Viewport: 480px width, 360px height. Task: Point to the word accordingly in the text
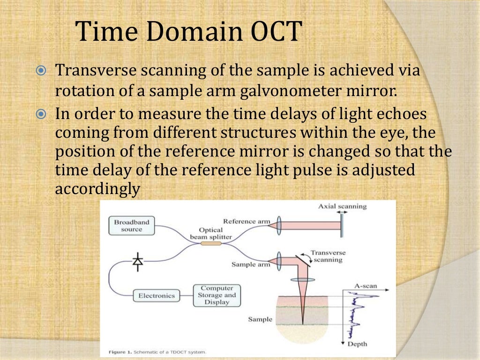click(x=97, y=189)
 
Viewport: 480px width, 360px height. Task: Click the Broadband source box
click(x=131, y=225)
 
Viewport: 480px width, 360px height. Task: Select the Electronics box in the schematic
click(x=156, y=296)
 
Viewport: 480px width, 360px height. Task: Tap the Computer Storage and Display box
click(x=217, y=295)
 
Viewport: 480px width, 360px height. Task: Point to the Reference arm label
click(x=246, y=221)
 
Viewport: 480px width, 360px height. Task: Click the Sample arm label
click(x=251, y=264)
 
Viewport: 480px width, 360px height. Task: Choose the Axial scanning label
click(x=342, y=206)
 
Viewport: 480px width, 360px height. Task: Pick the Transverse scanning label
click(x=328, y=256)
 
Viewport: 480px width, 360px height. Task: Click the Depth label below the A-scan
click(x=357, y=344)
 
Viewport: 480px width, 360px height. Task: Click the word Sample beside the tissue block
click(x=260, y=319)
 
